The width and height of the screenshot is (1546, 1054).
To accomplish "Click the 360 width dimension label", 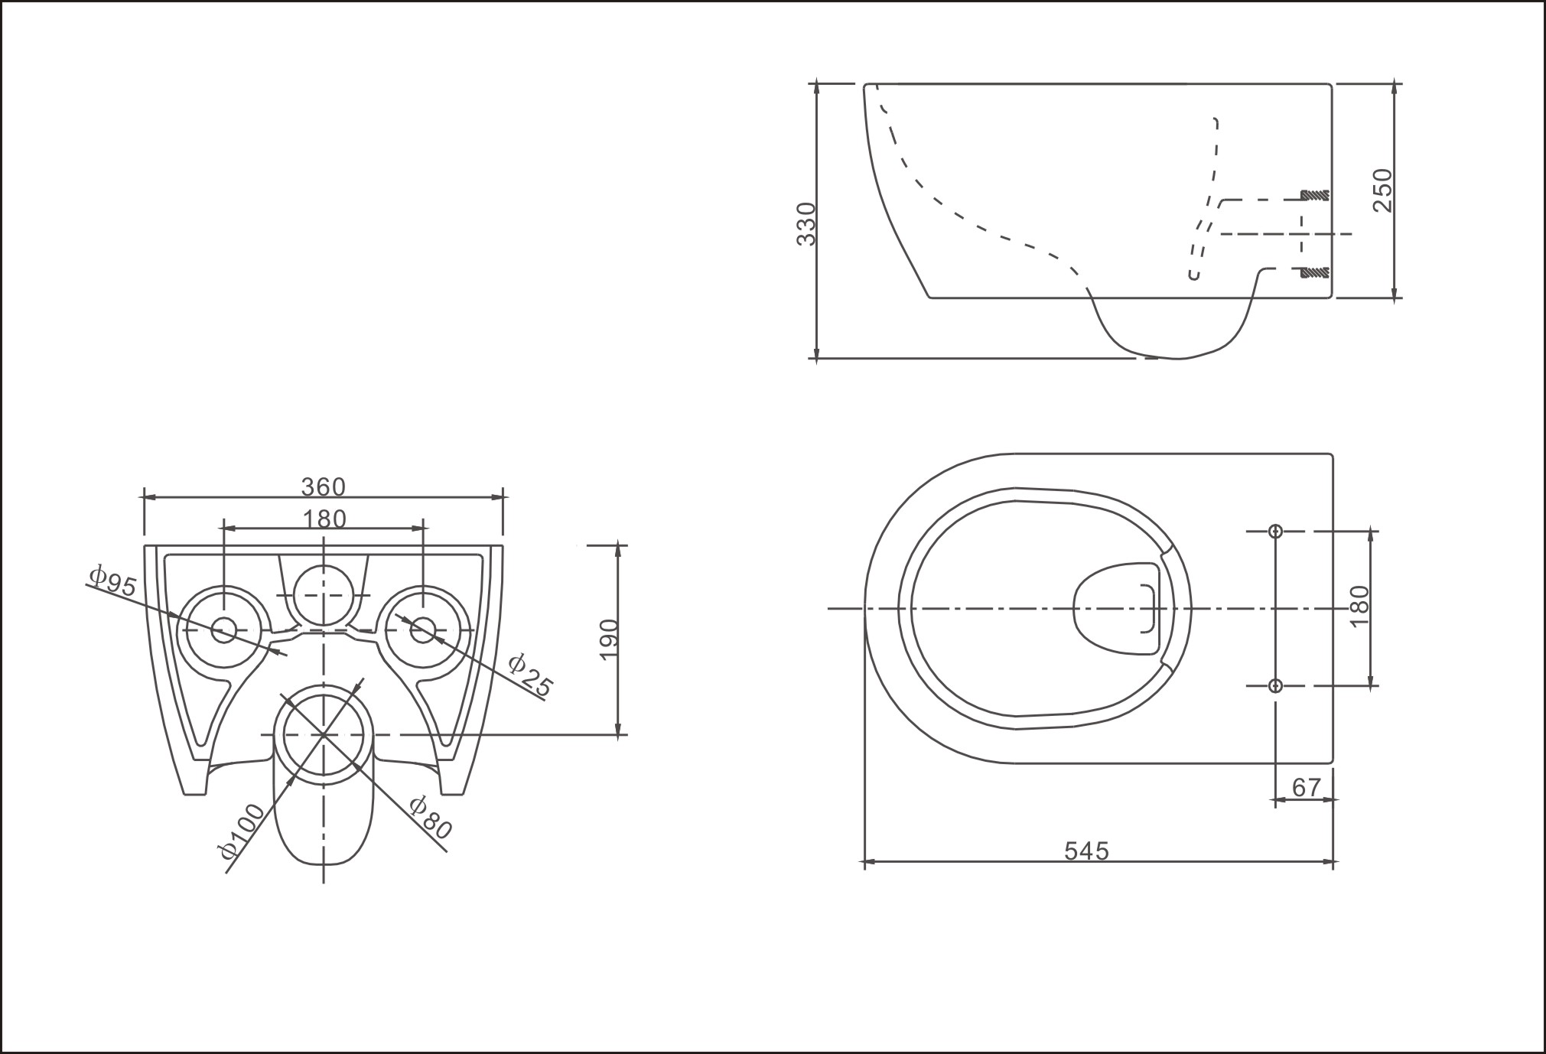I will (323, 486).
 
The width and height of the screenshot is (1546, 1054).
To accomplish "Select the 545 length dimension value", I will (1086, 851).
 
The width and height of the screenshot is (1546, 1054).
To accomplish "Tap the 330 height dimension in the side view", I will (807, 223).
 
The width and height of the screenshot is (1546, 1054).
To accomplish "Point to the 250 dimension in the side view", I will (1383, 190).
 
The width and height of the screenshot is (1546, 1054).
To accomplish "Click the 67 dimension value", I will (1307, 787).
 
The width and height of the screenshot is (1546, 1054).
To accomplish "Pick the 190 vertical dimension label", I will (608, 639).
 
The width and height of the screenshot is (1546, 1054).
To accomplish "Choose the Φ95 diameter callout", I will (112, 581).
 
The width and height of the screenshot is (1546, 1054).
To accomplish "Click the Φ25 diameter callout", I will (530, 675).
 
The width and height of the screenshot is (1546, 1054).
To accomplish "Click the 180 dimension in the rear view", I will (324, 519).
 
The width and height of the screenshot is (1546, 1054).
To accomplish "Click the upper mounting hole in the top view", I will (1275, 531).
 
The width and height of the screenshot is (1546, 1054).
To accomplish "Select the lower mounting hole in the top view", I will (1275, 685).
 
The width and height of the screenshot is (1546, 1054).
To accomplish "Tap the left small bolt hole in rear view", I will (223, 630).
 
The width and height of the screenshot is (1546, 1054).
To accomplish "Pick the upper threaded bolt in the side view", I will (1315, 195).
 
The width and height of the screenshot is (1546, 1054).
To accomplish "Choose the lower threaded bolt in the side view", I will (1315, 272).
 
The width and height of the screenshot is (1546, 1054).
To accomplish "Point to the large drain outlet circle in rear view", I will (324, 734).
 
